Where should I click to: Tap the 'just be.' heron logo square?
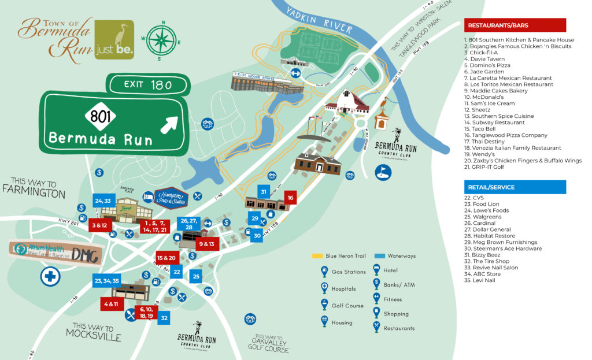pyautogui.click(x=114, y=40)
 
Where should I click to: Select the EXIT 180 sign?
pyautogui.click(x=147, y=85)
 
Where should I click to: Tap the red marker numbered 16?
pyautogui.click(x=290, y=198)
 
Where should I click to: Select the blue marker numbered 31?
pyautogui.click(x=263, y=192)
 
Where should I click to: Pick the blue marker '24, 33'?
pyautogui.click(x=103, y=201)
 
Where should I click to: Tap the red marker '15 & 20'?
pyautogui.click(x=166, y=258)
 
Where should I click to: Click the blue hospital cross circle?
pyautogui.click(x=50, y=276)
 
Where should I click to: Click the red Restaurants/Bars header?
pyautogui.click(x=515, y=25)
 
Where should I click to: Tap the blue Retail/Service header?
pyautogui.click(x=515, y=187)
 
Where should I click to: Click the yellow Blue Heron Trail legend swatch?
pyautogui.click(x=317, y=255)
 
